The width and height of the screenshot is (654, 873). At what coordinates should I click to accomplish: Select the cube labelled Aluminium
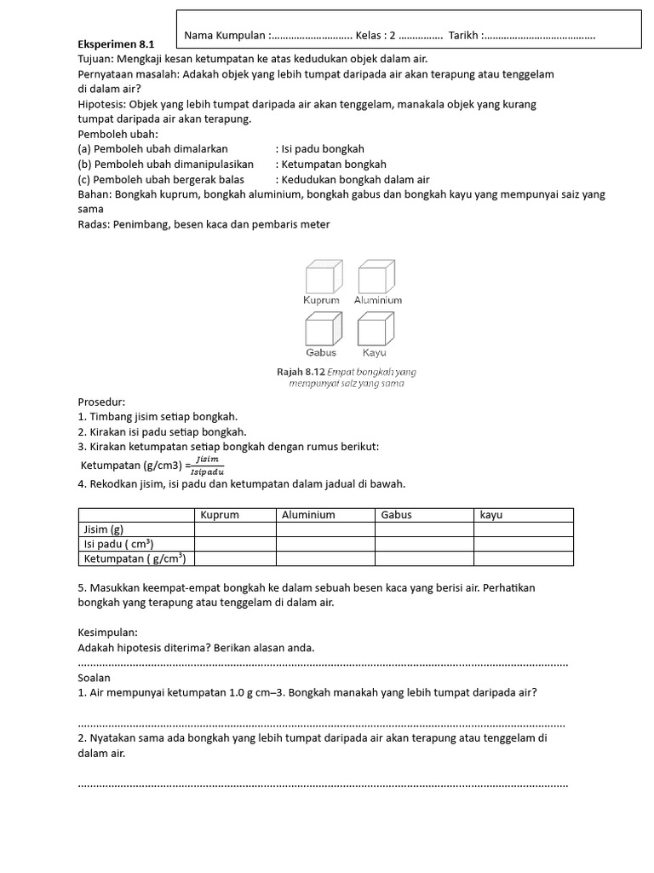(x=375, y=278)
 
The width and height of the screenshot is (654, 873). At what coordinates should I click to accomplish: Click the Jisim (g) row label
(x=103, y=529)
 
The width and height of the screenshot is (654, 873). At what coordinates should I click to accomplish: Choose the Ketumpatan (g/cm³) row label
(x=134, y=558)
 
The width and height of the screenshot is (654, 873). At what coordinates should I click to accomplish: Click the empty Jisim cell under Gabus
(x=424, y=529)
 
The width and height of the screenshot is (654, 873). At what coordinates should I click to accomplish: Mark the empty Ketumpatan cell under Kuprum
(x=235, y=558)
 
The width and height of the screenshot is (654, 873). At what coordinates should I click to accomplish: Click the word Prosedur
(x=101, y=402)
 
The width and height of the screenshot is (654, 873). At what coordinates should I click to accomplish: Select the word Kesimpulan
(x=107, y=633)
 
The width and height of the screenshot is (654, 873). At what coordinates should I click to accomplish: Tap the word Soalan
(x=95, y=678)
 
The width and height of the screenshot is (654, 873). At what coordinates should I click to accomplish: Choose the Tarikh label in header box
(x=464, y=36)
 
